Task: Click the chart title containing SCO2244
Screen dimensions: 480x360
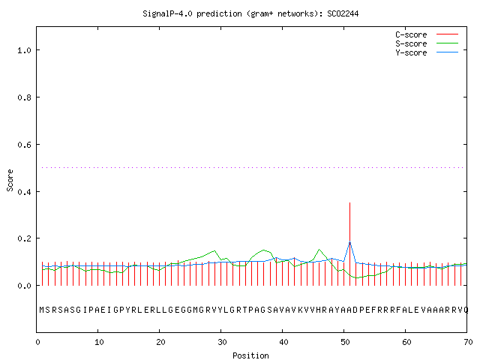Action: tap(250, 13)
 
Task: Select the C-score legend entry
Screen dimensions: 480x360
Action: tap(427, 34)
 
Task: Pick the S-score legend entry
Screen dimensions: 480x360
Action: tap(427, 43)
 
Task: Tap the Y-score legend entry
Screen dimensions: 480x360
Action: tap(427, 52)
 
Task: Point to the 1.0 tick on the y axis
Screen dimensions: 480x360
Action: tap(24, 50)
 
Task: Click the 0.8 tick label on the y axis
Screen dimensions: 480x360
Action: tap(24, 97)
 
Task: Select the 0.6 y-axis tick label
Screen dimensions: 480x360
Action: tap(24, 145)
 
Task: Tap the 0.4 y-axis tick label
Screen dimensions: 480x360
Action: tap(24, 192)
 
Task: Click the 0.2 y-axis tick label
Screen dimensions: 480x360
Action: tap(24, 238)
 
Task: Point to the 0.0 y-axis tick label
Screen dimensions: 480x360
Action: tap(24, 286)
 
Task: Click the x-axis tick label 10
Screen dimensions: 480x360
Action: tap(99, 342)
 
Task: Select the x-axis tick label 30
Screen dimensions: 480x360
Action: tap(222, 342)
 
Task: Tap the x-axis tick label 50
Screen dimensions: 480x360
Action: tap(345, 342)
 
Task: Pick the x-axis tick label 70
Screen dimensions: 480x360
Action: tap(468, 342)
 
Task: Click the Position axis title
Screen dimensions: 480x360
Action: tap(250, 355)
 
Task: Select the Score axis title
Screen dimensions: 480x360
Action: tap(10, 180)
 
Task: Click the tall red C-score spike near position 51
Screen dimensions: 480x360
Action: tap(349, 244)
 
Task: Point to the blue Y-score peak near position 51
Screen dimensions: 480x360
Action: tap(349, 242)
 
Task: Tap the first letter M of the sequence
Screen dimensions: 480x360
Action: tap(42, 310)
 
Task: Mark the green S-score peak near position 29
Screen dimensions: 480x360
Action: tap(214, 251)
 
